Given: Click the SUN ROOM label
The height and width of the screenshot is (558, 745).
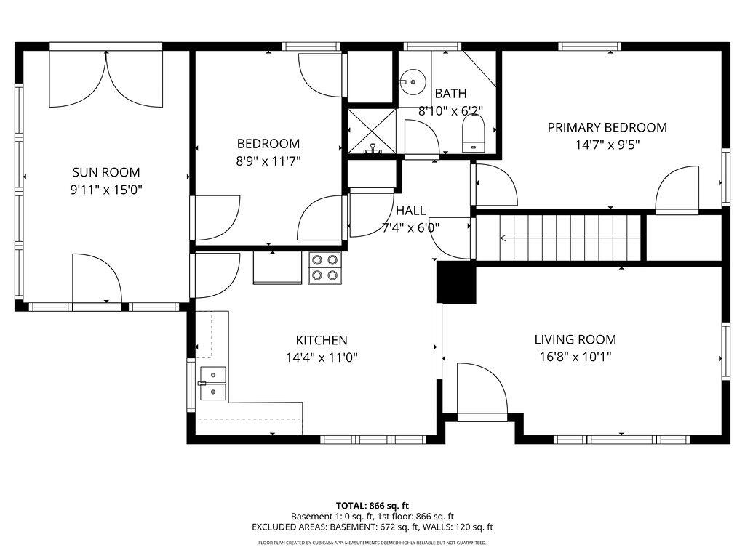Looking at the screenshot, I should [105, 172].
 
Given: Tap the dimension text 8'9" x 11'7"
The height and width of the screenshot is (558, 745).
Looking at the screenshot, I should [268, 161].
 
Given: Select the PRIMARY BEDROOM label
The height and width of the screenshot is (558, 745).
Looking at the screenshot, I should [607, 127].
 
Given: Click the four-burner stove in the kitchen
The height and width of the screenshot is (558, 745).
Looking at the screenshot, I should [325, 267].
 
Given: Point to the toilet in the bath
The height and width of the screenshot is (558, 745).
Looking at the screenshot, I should [474, 134].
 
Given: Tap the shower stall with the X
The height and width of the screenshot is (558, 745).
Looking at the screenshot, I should [372, 132].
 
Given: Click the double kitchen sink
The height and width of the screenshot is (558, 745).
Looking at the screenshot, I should [212, 383].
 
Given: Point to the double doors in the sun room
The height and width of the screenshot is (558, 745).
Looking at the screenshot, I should [106, 78].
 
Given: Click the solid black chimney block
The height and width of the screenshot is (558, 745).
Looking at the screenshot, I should [455, 283].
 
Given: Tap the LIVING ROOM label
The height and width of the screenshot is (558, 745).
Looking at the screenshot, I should [575, 339].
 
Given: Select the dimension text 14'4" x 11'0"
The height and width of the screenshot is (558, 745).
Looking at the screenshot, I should [321, 357].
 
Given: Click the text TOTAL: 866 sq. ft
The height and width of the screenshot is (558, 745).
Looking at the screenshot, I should [372, 505].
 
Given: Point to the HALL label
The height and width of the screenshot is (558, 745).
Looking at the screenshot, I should [410, 211].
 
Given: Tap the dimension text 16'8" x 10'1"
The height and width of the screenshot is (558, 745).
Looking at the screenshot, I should [575, 357].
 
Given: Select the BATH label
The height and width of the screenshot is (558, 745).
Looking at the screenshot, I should [450, 94].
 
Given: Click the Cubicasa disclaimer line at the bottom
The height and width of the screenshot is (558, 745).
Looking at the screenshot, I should [372, 543].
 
